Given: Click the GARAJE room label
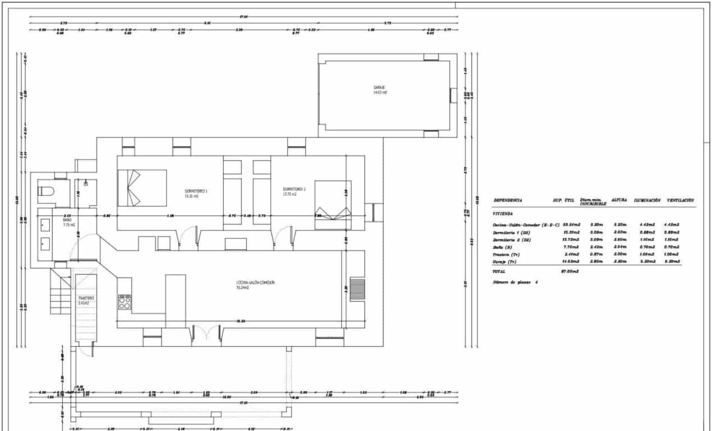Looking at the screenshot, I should coord(379,88).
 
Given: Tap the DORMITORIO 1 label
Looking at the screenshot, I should coord(196,191).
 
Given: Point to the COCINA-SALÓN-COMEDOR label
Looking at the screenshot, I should coord(255,283).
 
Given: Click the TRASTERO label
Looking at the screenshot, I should coord(86,298).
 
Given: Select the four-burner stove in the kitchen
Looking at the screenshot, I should coord(125,302).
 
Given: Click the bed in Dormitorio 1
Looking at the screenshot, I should coord(142,187).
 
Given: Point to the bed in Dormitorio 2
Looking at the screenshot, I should coord(333,205).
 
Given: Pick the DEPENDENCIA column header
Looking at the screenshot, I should coord(508,200).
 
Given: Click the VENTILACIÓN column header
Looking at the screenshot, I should coord(680,200).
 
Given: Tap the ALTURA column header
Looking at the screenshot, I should coord(619,200).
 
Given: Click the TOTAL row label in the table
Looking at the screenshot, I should coord(499,271).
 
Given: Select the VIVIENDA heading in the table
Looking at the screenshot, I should coord(503,214).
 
